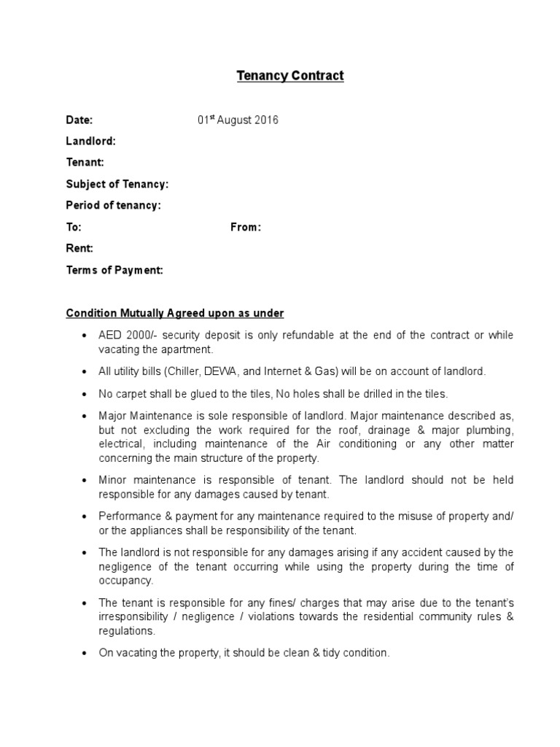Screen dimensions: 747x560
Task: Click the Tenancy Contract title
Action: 289,76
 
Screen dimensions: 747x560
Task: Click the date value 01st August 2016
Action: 237,120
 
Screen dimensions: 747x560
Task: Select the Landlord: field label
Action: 90,142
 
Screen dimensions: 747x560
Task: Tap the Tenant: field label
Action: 85,163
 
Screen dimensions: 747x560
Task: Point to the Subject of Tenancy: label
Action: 117,184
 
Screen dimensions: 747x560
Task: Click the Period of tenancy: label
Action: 113,206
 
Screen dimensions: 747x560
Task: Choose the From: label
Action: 245,228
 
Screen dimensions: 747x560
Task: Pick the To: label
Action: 74,228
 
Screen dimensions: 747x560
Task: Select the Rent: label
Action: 79,249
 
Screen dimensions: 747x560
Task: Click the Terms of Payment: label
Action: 114,270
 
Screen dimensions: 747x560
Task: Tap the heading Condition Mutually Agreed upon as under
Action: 175,313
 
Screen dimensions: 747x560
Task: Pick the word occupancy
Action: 125,581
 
